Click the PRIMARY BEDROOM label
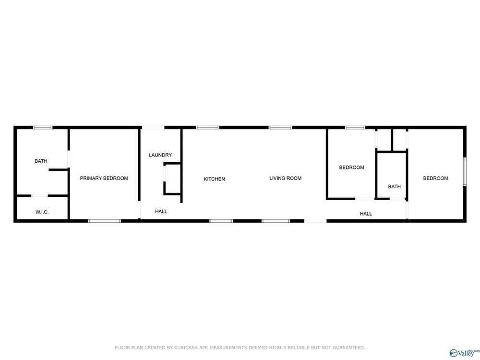click(x=104, y=178)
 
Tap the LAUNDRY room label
click(x=160, y=155)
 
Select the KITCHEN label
click(x=214, y=179)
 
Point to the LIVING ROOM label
click(x=285, y=178)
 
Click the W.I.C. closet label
click(x=42, y=212)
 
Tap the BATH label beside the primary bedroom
click(x=41, y=161)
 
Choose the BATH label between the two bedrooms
click(x=394, y=186)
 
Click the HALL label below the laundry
click(x=161, y=212)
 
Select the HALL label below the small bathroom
click(x=366, y=214)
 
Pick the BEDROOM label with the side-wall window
click(x=436, y=178)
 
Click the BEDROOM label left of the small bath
click(x=351, y=168)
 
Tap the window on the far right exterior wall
click(x=465, y=171)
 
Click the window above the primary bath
click(x=43, y=127)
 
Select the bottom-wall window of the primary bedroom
click(x=104, y=221)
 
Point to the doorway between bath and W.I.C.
click(x=39, y=196)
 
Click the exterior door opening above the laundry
click(x=153, y=127)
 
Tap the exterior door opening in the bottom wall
click(x=315, y=221)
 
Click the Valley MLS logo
click(x=464, y=353)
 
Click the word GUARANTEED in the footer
click(x=348, y=348)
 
